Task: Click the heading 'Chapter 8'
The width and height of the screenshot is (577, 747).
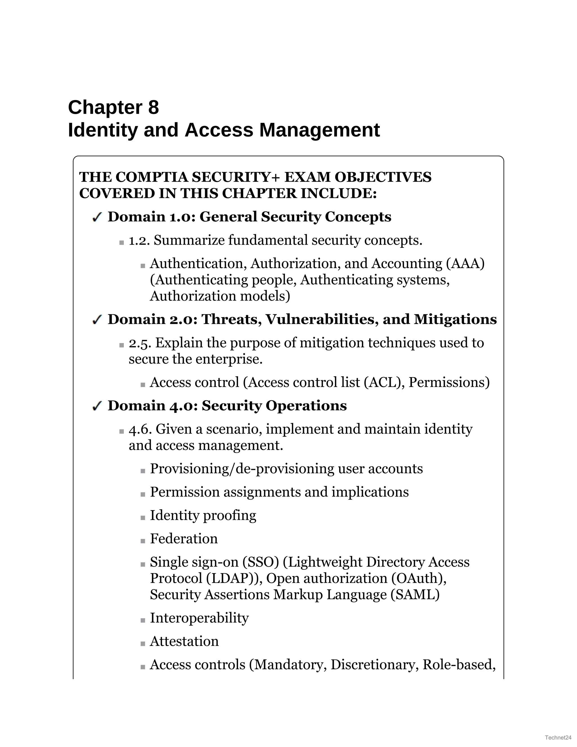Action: point(114,107)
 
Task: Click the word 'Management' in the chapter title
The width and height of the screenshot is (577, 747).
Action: point(319,130)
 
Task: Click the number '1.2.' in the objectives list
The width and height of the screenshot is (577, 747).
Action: point(139,241)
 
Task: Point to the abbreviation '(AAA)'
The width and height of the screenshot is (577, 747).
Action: point(465,264)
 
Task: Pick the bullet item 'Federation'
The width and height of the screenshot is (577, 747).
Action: point(184,539)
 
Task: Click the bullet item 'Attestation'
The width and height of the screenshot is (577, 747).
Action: point(184,641)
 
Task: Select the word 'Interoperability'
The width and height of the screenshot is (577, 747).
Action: point(199,618)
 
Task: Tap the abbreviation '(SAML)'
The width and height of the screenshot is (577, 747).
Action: point(415,594)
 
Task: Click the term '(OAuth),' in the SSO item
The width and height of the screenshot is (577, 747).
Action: point(419,578)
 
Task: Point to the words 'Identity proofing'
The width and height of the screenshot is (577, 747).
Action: point(203,516)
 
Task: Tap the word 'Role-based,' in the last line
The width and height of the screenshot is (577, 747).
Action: point(459,665)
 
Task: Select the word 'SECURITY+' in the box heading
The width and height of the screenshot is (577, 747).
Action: point(236,177)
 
